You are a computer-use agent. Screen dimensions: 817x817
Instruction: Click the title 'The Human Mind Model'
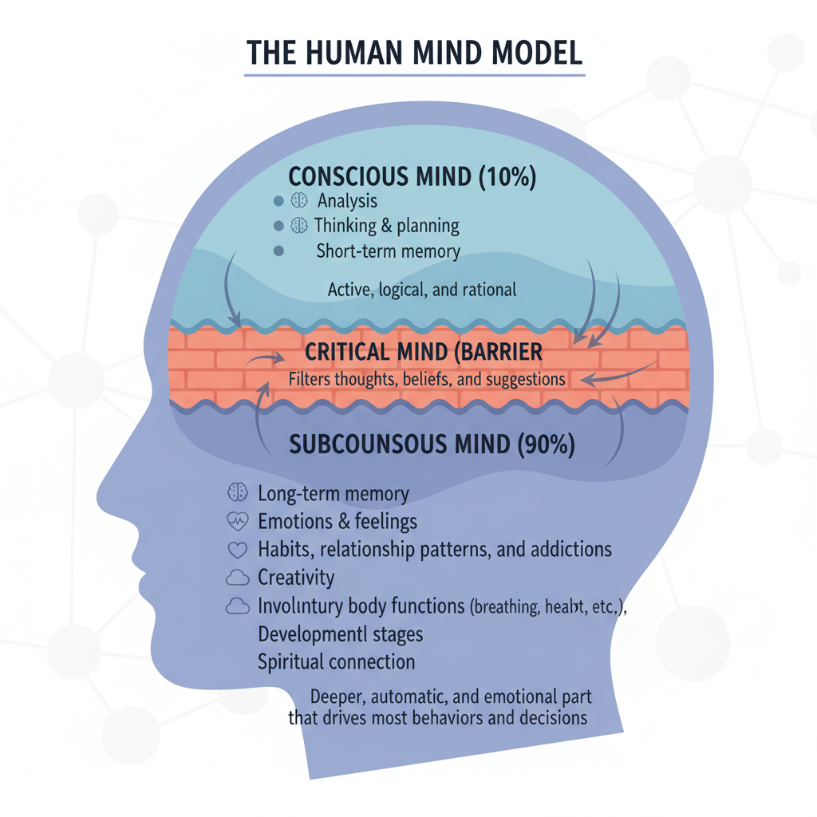414,52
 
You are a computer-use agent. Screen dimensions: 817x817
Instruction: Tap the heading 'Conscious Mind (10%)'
412,176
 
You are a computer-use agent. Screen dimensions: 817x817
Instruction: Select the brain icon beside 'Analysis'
299,201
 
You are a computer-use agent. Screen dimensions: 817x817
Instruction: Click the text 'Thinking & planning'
387,226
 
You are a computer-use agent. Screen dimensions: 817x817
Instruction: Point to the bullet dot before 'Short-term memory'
278,251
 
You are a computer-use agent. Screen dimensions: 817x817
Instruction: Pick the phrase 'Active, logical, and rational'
422,289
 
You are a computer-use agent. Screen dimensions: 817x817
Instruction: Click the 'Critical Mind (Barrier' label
424,351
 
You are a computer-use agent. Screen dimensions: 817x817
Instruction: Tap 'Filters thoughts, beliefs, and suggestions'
427,379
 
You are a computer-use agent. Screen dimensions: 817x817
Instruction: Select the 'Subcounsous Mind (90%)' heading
432,444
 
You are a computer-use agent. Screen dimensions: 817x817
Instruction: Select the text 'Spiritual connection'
337,661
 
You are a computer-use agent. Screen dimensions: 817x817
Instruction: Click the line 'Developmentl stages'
341,635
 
